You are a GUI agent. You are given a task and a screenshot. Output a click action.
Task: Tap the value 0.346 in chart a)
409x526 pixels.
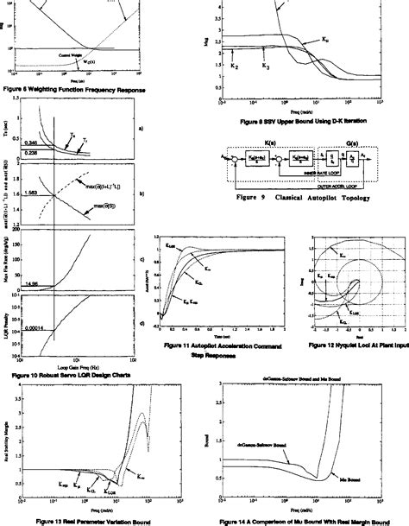32,141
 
